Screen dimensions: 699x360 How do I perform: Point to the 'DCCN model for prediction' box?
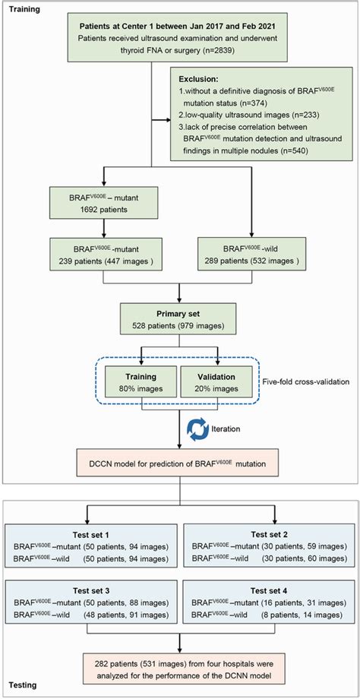click(182, 461)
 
